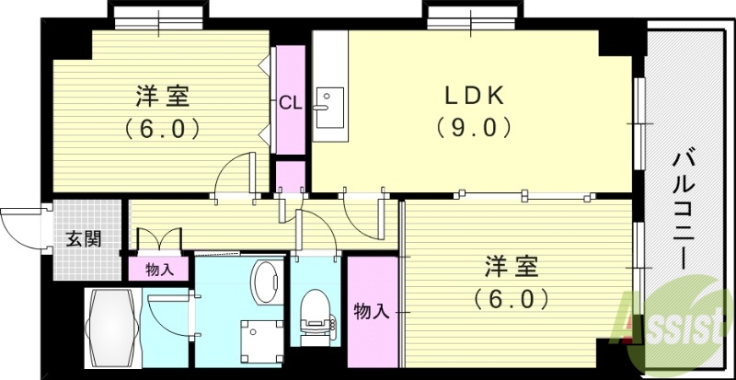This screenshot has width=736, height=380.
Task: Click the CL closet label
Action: [290, 101]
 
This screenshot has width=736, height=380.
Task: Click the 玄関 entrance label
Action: [83, 239]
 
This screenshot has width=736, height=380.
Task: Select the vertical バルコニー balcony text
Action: [683, 206]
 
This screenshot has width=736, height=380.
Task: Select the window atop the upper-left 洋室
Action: [155, 16]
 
